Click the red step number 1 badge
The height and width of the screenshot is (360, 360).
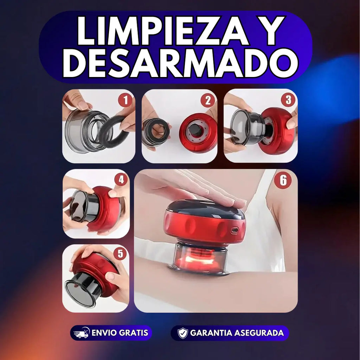click(x=125, y=100)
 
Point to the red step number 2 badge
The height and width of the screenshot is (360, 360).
click(x=207, y=100)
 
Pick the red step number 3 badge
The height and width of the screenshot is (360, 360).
click(x=288, y=99)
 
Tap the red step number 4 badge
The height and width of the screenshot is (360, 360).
click(x=121, y=180)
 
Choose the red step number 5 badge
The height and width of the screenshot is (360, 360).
click(x=120, y=253)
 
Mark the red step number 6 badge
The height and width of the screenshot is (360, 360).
click(x=283, y=180)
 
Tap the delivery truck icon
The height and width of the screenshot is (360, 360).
click(x=81, y=333)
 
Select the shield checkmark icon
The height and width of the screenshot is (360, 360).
click(x=182, y=333)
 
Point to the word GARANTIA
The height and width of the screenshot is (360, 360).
click(x=211, y=333)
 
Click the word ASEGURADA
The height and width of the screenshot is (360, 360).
click(x=258, y=333)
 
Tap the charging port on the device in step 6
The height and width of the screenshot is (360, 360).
click(x=234, y=230)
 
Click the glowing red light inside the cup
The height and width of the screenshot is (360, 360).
click(x=198, y=259)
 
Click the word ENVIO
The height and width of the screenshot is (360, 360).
click(x=104, y=333)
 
